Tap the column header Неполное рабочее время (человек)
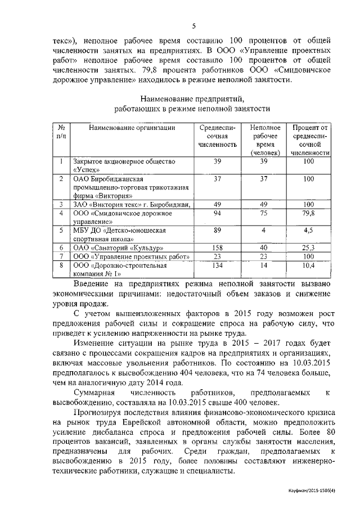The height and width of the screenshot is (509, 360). pyautogui.click(x=264, y=140)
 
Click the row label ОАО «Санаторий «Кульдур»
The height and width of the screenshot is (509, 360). pyautogui.click(x=110, y=247)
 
